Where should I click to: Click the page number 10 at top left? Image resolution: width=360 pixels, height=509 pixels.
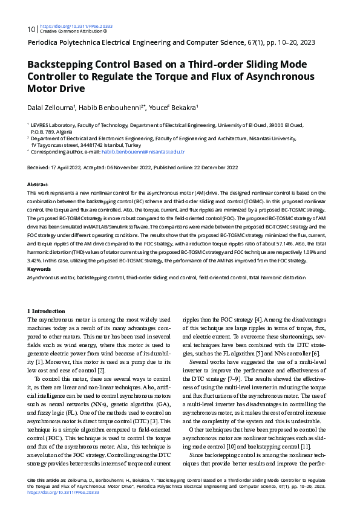(x=31, y=29)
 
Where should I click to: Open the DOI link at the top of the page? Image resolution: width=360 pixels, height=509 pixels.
(x=76, y=27)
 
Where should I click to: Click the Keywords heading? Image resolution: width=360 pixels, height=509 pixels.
(x=39, y=268)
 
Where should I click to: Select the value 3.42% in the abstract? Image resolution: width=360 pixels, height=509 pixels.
(x=34, y=260)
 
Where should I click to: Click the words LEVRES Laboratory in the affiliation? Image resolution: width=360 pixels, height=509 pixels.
(x=53, y=124)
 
